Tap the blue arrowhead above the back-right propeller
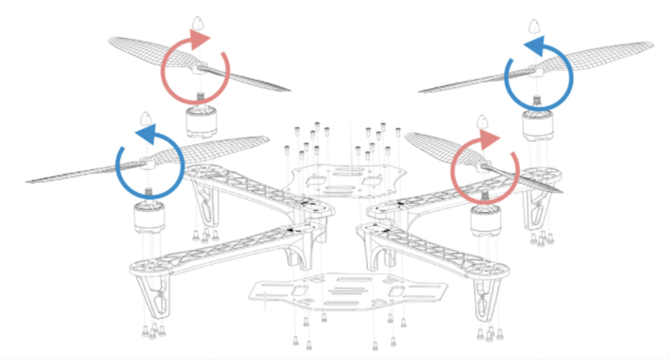point(532,45)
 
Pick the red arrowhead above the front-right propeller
point(491,139)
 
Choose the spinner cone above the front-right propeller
point(484,123)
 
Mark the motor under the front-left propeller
point(149,217)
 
